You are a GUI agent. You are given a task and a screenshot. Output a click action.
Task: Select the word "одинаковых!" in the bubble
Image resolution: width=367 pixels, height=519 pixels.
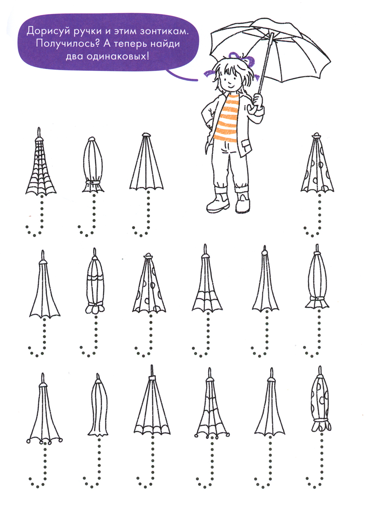tap(118, 56)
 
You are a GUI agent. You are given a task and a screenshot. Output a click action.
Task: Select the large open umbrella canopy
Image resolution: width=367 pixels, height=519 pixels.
tap(270, 49)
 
